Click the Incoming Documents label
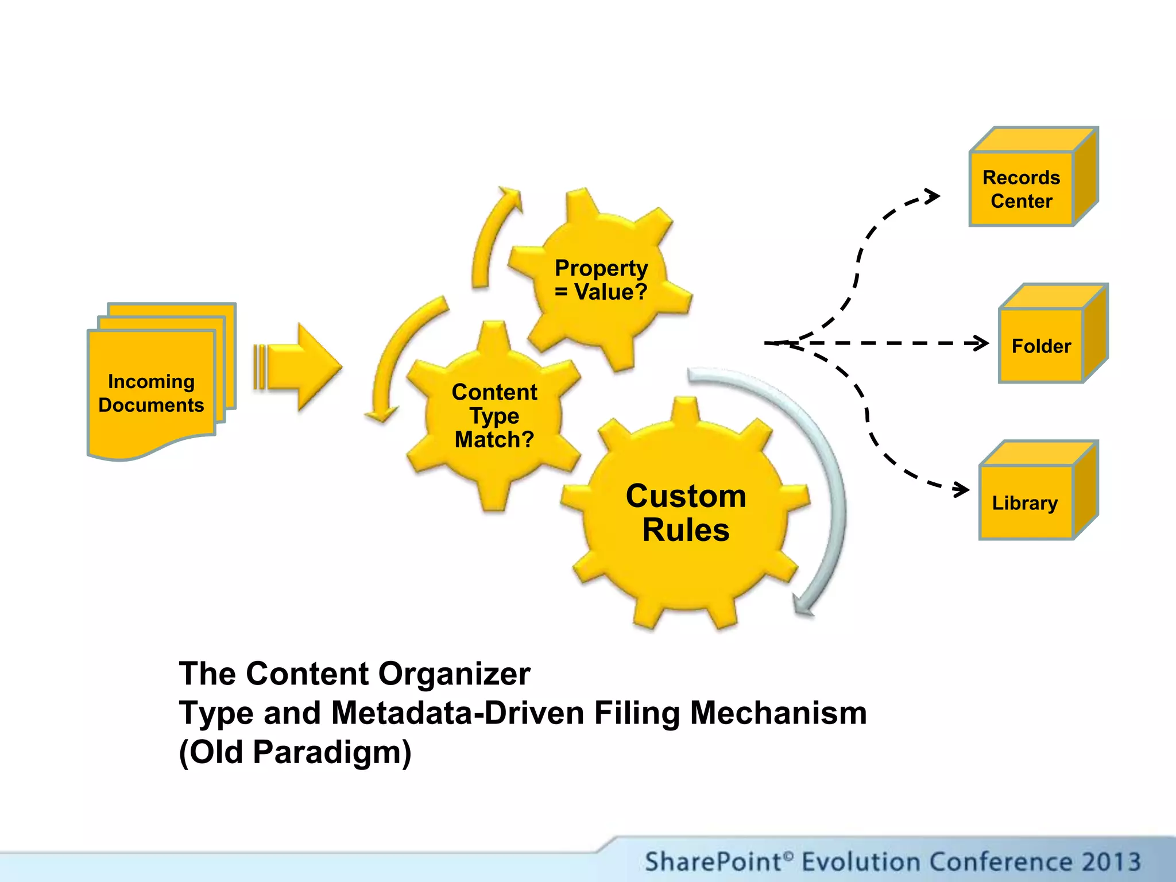(x=151, y=393)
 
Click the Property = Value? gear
(x=601, y=280)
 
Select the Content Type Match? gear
(x=494, y=416)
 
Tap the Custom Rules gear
(x=686, y=512)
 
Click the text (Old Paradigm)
(x=295, y=752)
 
